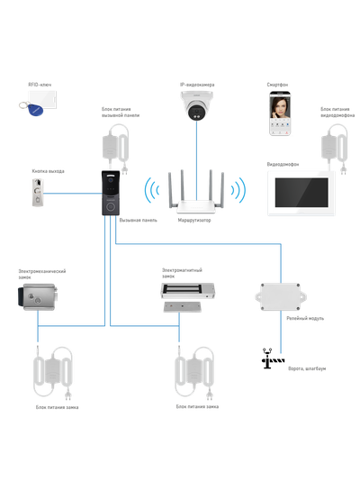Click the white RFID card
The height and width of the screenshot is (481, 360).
click(43, 97)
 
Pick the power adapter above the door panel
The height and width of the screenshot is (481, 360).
click(115, 142)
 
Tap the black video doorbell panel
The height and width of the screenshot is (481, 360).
click(110, 195)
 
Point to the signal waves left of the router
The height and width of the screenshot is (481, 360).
click(151, 191)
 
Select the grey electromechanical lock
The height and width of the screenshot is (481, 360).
click(35, 293)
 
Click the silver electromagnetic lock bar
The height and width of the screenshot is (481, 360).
click(185, 292)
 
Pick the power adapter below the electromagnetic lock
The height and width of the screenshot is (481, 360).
click(193, 371)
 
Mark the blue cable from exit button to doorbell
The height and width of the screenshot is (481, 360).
click(72, 192)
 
